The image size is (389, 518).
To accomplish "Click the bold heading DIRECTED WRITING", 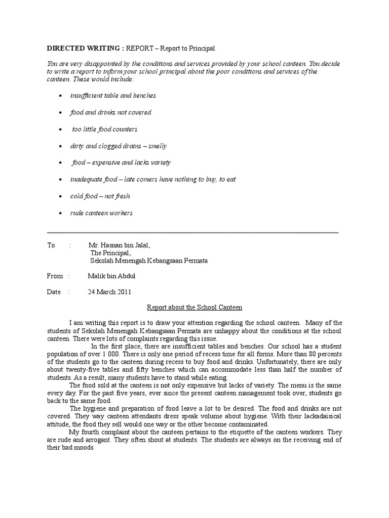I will click(85, 48).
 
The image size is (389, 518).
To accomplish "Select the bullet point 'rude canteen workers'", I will click(101, 213).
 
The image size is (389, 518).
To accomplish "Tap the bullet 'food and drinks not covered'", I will click(110, 112).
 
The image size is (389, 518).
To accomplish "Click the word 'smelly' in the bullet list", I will click(157, 146).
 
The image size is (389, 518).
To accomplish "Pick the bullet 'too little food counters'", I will click(104, 129).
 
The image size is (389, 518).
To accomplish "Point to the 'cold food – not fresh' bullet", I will click(100, 196).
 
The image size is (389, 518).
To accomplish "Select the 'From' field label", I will click(55, 276).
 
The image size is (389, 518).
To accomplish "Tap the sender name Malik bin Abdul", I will click(111, 276).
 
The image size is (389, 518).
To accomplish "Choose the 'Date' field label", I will click(54, 292).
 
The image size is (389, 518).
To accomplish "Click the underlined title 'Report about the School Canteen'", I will click(194, 307).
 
